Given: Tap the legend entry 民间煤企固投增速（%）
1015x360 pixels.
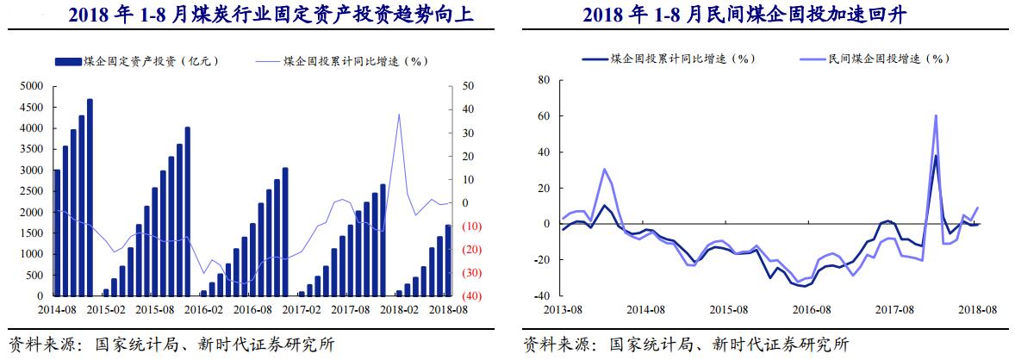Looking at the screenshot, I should (x=887, y=58).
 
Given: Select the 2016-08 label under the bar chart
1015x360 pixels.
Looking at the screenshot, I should (x=252, y=308).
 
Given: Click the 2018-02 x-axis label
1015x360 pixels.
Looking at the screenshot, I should (x=399, y=308).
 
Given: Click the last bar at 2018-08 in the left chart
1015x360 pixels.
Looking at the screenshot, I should (x=448, y=260).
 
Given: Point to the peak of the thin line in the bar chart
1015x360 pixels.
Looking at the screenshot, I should (x=398, y=115).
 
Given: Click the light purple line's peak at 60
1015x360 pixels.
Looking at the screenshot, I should (x=936, y=116).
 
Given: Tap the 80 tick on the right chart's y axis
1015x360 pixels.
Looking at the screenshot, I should (x=543, y=80).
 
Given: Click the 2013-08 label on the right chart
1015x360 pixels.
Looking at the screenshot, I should (x=561, y=308).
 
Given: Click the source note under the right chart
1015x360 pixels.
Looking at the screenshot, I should (x=686, y=344).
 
